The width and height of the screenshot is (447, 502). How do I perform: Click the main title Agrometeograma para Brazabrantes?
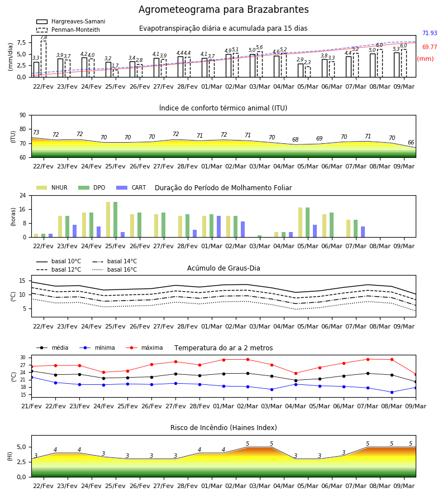click(x=223, y=9)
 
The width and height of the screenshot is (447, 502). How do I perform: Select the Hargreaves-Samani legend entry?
click(x=71, y=21)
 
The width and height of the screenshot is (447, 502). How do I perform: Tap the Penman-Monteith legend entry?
click(x=68, y=30)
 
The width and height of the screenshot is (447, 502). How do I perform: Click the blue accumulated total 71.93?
click(x=430, y=33)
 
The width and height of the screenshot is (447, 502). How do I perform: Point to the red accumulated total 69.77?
click(x=430, y=47)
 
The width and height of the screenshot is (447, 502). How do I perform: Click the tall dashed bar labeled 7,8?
click(x=44, y=59)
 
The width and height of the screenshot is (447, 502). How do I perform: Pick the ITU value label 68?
click(x=296, y=139)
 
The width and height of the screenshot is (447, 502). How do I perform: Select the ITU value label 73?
click(x=36, y=132)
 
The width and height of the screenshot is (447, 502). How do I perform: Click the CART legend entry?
click(x=131, y=187)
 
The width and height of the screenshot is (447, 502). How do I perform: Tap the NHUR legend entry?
click(x=52, y=187)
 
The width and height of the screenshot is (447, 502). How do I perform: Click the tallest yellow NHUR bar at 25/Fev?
click(x=108, y=220)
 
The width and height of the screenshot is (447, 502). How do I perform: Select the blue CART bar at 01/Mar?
click(x=218, y=226)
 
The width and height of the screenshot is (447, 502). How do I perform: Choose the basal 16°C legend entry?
click(x=115, y=269)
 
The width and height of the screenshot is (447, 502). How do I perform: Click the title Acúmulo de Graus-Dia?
click(x=223, y=268)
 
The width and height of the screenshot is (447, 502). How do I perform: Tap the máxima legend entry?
click(x=145, y=347)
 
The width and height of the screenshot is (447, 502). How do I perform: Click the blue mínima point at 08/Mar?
click(x=392, y=392)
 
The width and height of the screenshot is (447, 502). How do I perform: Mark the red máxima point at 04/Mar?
click(x=296, y=373)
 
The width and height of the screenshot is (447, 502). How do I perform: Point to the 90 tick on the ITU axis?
click(x=23, y=115)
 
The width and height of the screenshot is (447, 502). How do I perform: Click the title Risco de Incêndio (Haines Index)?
click(x=223, y=428)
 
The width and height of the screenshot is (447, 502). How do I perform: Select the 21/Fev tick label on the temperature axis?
click(x=31, y=406)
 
